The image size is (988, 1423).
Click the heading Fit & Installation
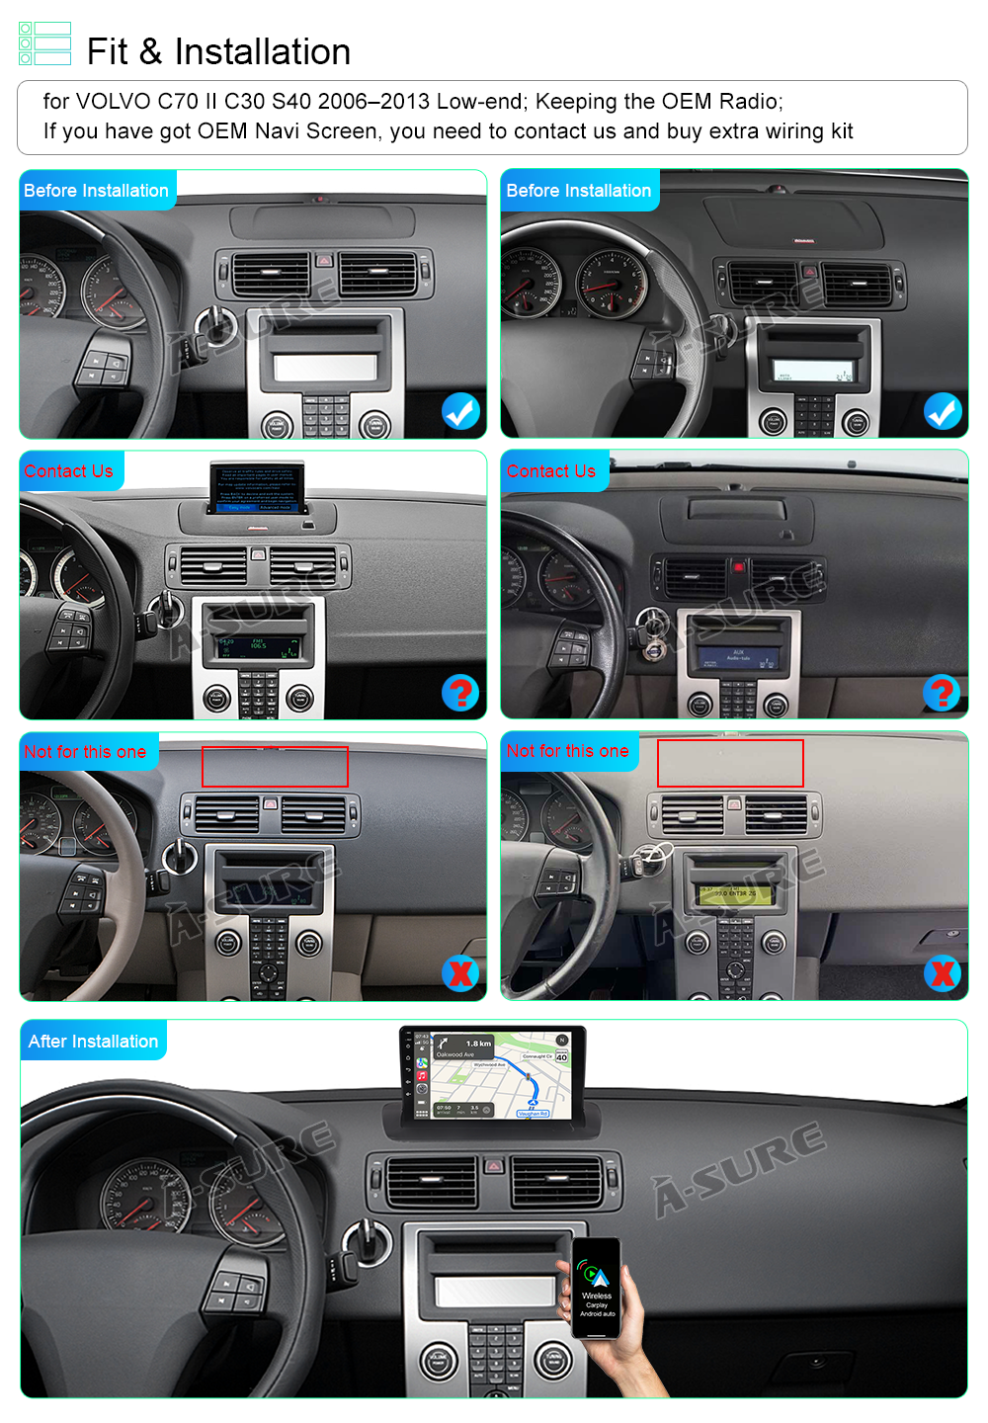tap(218, 51)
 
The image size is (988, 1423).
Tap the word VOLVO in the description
tap(114, 102)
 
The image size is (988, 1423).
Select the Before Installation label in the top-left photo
tap(96, 191)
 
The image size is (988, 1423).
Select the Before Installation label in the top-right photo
tap(578, 191)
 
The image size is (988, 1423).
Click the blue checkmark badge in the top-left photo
tap(460, 411)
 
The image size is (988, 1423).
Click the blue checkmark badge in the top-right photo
tap(943, 411)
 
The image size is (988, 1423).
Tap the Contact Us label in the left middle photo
tap(68, 471)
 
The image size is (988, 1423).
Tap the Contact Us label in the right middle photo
tap(551, 471)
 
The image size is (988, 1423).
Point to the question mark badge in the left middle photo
tap(460, 693)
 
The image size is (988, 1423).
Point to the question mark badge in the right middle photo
tap(942, 693)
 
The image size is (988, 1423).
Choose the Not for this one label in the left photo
tap(85, 752)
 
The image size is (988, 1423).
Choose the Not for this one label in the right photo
tap(567, 751)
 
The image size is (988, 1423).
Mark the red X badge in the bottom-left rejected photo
tap(460, 973)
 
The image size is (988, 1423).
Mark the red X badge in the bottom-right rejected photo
tap(943, 973)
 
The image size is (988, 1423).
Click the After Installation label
tap(93, 1042)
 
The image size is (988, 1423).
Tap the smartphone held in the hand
tap(597, 1288)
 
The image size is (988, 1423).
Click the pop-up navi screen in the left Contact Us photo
tap(257, 488)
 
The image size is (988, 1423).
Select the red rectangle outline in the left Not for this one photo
tap(275, 767)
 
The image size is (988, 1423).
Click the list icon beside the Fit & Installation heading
tap(45, 43)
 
